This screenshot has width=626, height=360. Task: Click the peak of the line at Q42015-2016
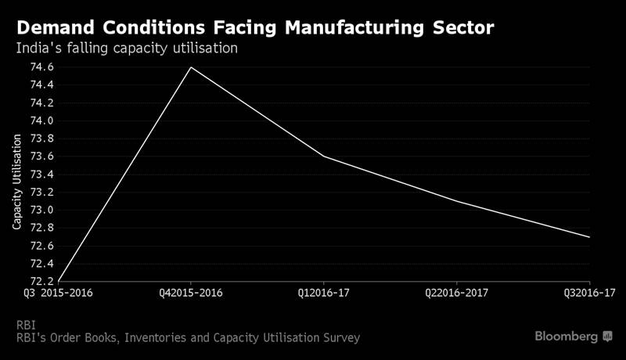191,67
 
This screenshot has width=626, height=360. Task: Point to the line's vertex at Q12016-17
324,157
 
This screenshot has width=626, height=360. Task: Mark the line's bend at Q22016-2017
457,201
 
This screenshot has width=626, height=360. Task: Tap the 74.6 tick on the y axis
42,67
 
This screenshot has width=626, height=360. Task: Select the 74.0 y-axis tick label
42,121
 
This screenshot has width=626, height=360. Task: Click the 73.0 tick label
42,210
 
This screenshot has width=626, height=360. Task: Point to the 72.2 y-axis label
42,281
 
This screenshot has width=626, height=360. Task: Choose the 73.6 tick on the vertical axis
42,157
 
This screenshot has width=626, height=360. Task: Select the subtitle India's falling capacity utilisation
127,49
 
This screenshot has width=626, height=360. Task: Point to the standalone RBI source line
26,324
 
